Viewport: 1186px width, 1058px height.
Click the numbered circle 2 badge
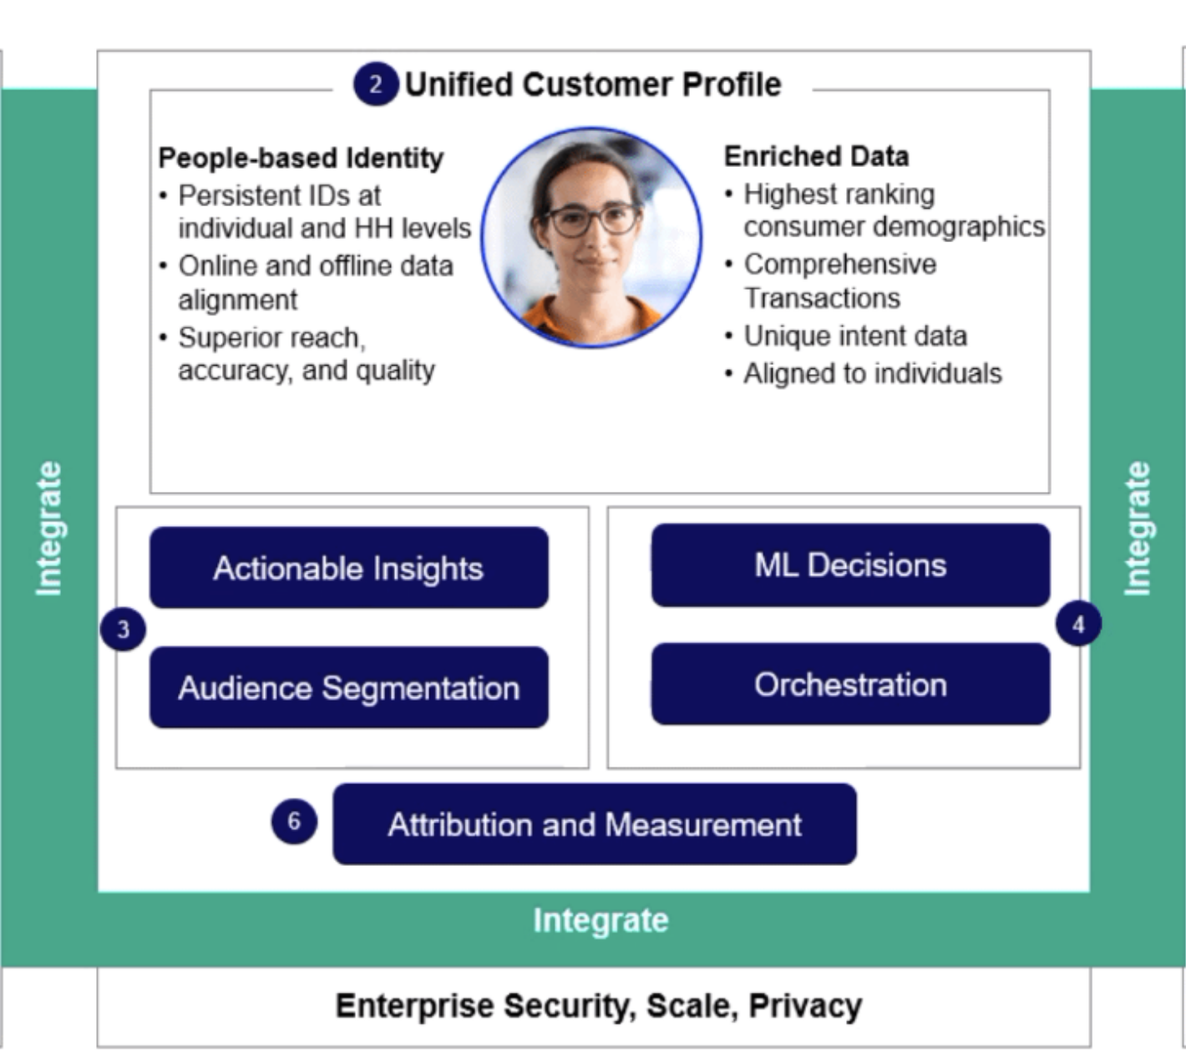pyautogui.click(x=376, y=84)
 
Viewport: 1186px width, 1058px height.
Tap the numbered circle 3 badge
pyautogui.click(x=123, y=629)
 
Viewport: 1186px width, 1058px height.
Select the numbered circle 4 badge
pyautogui.click(x=1078, y=625)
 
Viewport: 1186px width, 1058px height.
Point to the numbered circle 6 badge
pyautogui.click(x=294, y=821)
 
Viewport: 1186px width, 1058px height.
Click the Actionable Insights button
pyautogui.click(x=349, y=568)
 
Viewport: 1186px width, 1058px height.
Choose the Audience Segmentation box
pyautogui.click(x=349, y=687)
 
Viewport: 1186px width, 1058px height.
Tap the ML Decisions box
pyautogui.click(x=850, y=564)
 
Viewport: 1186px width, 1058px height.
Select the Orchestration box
pyautogui.click(x=850, y=684)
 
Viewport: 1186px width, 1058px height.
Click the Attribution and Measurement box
pyautogui.click(x=595, y=824)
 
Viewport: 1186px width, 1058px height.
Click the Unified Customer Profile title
pyautogui.click(x=593, y=84)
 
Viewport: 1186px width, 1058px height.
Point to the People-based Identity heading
pyautogui.click(x=301, y=158)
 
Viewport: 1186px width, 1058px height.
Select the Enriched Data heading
pyautogui.click(x=817, y=156)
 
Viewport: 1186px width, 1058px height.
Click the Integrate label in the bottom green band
pyautogui.click(x=601, y=920)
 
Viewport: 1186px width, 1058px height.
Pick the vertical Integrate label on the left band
pyautogui.click(x=49, y=529)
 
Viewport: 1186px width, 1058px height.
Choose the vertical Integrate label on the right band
pyautogui.click(x=1138, y=529)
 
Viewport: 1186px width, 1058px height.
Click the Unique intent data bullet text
pyautogui.click(x=855, y=336)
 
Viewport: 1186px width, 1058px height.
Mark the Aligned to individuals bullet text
pyautogui.click(x=873, y=373)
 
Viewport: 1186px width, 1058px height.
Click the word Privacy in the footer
pyautogui.click(x=805, y=1006)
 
